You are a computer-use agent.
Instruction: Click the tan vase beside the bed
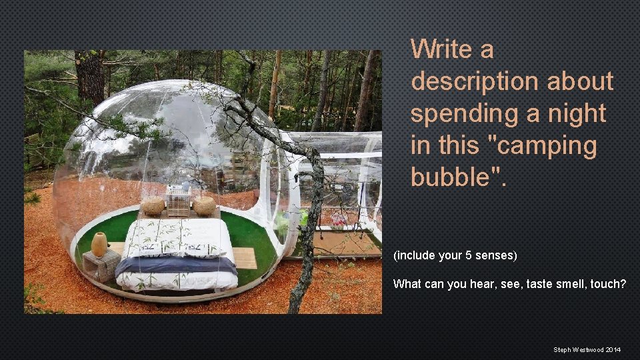[99, 244]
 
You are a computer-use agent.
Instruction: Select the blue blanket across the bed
[176, 266]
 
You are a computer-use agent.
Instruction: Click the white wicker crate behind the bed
[179, 201]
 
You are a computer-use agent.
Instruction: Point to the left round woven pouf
[153, 206]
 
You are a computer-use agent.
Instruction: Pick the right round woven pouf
[204, 205]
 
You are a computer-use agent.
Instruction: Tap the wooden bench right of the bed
[245, 257]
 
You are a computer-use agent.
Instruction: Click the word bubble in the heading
[455, 177]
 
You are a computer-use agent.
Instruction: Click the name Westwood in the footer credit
[588, 349]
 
